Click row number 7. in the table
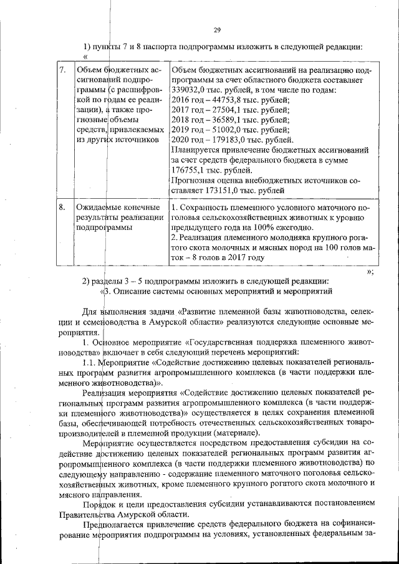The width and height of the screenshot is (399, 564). coord(62,70)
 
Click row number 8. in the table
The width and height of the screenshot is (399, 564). coord(62,207)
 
